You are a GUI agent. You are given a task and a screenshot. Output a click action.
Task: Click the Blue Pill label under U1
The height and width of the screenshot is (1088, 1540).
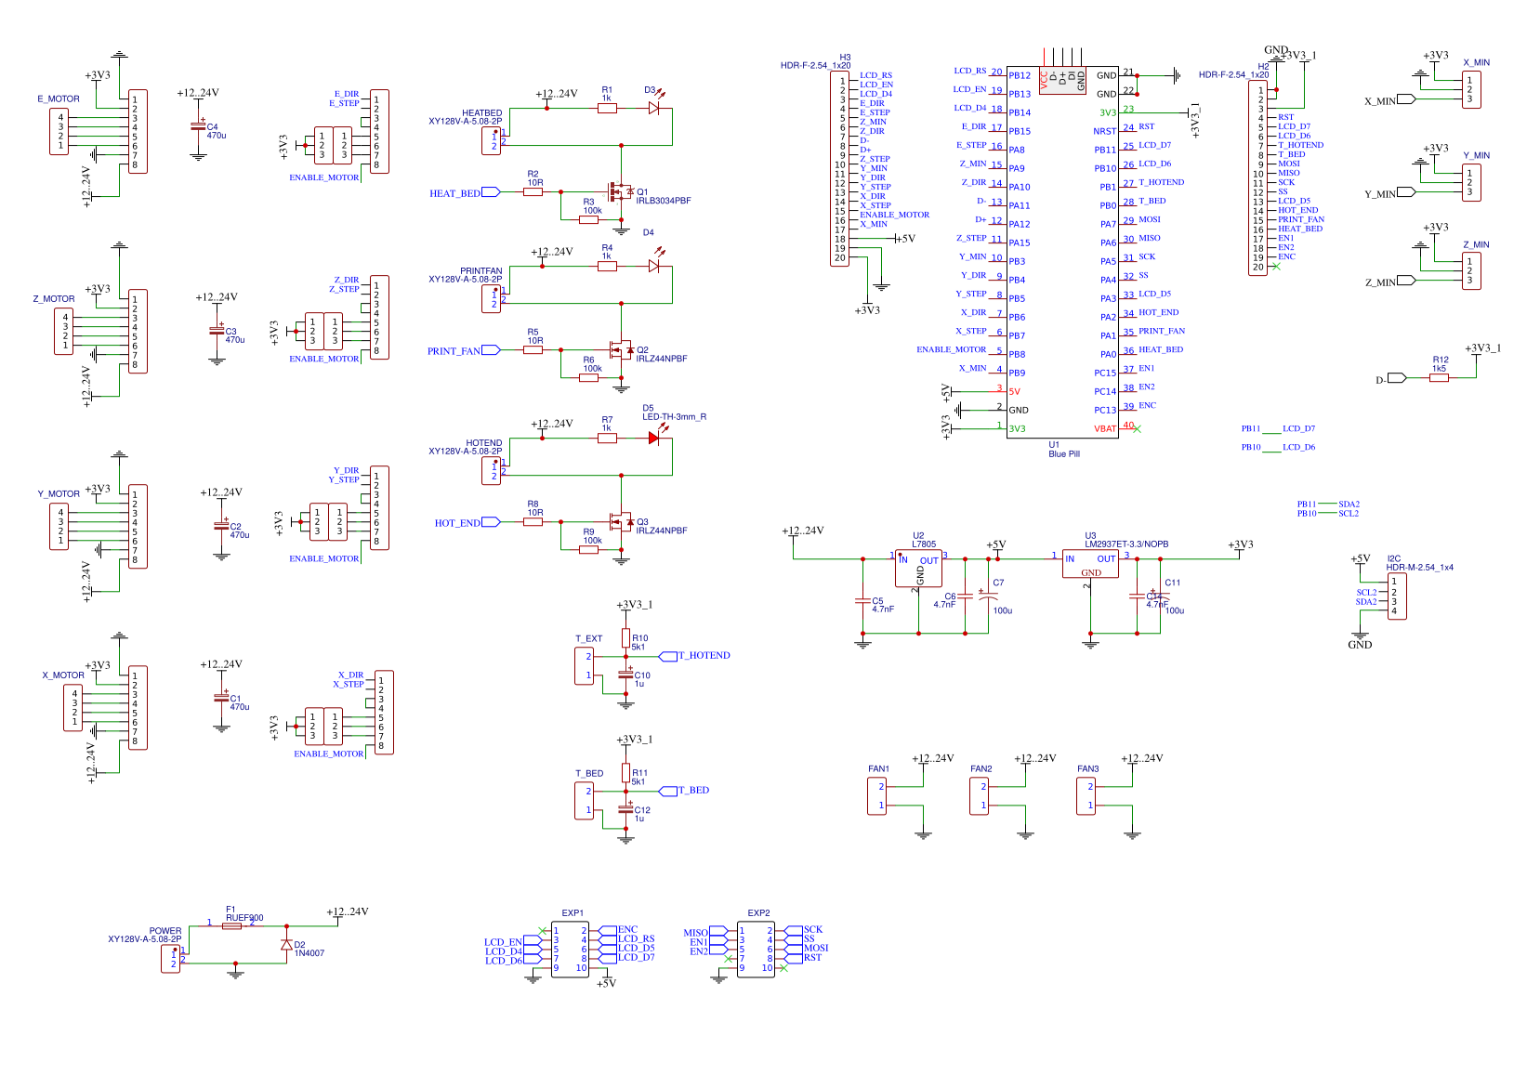(1063, 454)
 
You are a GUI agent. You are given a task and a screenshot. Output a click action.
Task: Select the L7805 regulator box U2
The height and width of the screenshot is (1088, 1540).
(917, 568)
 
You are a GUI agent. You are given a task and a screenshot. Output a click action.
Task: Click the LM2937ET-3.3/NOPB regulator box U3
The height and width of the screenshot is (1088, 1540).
(1090, 563)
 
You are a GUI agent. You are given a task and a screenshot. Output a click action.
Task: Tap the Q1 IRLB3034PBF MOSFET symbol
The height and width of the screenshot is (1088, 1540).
(618, 192)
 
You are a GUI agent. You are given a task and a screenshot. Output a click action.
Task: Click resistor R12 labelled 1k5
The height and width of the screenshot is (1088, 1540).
(1439, 377)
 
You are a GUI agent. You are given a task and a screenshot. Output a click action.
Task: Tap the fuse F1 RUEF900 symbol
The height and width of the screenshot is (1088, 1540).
(232, 925)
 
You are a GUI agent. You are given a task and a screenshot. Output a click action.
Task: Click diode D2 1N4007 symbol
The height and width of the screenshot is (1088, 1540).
(286, 945)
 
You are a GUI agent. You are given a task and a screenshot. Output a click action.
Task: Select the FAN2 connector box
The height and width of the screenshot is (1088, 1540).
(979, 796)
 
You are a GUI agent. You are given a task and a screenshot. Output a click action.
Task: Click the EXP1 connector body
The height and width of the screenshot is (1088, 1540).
(570, 949)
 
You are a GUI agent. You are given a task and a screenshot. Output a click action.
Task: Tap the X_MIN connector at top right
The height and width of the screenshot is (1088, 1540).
(1471, 90)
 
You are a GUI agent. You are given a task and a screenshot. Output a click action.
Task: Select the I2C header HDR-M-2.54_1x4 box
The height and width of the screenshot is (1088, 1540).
(1398, 596)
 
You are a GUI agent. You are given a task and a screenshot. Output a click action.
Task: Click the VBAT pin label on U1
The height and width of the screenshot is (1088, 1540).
(1104, 429)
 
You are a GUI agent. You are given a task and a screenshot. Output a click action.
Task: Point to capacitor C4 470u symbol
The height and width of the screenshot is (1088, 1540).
(198, 126)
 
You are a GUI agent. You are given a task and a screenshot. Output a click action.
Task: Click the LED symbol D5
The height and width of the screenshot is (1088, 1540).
(654, 438)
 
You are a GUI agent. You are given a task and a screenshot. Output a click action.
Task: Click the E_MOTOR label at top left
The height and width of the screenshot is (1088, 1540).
(59, 99)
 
